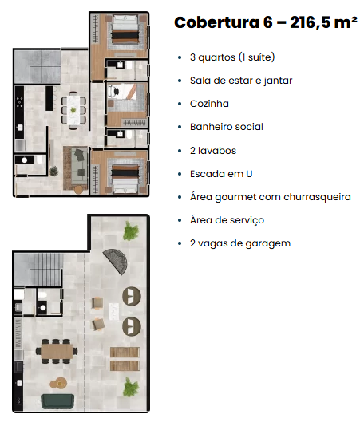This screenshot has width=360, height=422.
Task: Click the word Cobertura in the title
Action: [x=217, y=22]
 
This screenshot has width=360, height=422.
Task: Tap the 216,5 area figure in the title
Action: [x=311, y=23]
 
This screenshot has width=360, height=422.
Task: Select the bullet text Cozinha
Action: [x=209, y=104]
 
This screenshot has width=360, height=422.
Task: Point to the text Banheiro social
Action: [x=227, y=127]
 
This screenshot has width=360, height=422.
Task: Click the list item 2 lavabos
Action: [x=213, y=151]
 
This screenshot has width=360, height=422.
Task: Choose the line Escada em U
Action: [x=221, y=174]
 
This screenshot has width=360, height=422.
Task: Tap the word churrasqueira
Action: [x=317, y=197]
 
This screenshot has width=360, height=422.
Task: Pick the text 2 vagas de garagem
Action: [x=240, y=243]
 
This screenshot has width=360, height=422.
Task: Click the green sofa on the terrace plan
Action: [x=57, y=401]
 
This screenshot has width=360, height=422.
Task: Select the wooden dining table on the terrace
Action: [x=57, y=352]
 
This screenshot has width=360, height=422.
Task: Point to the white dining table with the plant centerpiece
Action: [x=73, y=110]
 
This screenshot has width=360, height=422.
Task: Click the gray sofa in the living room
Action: [x=79, y=166]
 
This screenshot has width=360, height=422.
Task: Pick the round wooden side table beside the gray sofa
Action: [x=78, y=190]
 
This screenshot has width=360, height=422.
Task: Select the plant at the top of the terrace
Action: [x=131, y=231]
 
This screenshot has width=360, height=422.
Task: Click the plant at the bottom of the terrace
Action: [x=131, y=387]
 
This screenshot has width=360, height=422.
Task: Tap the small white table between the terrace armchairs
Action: [x=113, y=311]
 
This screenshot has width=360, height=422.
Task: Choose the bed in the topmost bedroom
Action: [x=125, y=30]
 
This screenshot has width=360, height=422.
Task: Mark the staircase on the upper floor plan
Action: [x=38, y=67]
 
